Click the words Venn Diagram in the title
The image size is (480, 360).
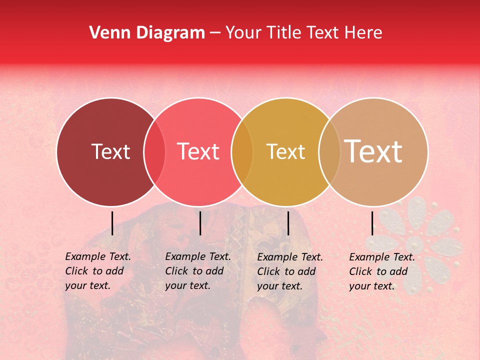click(147, 33)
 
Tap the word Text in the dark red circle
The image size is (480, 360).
click(110, 151)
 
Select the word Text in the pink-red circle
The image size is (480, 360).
click(198, 151)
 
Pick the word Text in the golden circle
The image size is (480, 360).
click(285, 151)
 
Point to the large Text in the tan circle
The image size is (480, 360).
click(373, 151)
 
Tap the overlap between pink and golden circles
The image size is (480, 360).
click(242, 152)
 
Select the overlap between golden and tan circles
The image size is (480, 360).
click(329, 152)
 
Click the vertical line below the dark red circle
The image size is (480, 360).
click(112, 223)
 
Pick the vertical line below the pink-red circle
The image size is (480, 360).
click(200, 223)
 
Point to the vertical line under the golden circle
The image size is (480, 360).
click(288, 223)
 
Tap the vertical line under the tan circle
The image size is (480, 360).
click(372, 223)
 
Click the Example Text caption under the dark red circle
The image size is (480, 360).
click(98, 271)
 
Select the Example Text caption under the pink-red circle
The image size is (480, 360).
click(198, 271)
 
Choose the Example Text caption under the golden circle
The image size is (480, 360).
click(290, 271)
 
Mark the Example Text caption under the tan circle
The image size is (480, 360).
click(382, 271)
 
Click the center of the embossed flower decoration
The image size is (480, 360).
click(414, 245)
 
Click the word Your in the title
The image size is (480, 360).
click(243, 33)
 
